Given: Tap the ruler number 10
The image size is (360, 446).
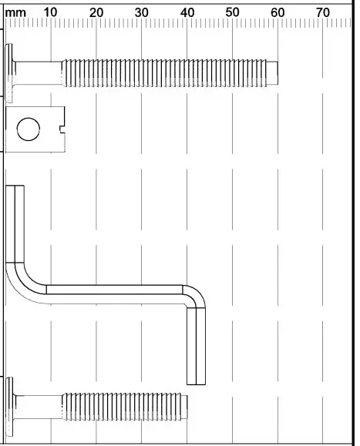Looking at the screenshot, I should pos(51,13).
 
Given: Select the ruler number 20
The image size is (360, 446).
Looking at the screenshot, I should pos(96,13).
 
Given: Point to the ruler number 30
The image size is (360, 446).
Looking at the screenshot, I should pos(142,13).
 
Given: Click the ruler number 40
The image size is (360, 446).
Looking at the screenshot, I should pos(187,13).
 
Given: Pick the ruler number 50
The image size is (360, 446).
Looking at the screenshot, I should pos(233,13).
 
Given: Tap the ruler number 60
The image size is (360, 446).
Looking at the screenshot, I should pos(278,13).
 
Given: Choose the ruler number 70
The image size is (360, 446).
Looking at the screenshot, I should pos(323,13).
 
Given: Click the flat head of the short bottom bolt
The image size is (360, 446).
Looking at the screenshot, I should pos(11,405).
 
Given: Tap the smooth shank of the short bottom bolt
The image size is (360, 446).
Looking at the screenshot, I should pos(39,405).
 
